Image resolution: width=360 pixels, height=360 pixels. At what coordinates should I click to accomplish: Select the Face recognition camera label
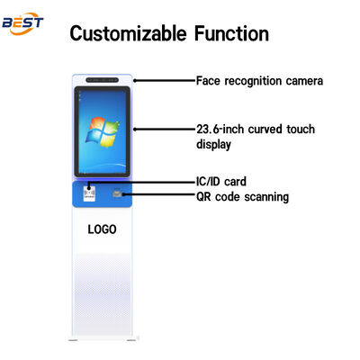click(259, 80)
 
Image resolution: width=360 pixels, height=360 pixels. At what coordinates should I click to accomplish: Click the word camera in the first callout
click(301, 80)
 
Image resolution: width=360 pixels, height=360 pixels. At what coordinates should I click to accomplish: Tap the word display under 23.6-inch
click(214, 144)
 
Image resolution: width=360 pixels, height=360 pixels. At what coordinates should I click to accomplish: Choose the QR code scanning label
click(242, 197)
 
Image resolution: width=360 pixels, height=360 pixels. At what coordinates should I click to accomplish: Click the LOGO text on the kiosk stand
click(102, 229)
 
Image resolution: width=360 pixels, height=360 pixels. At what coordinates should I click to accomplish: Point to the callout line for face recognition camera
click(162, 80)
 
